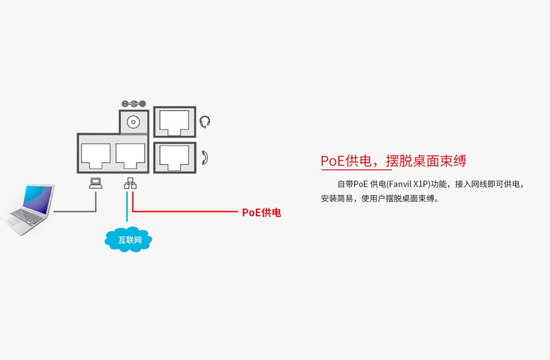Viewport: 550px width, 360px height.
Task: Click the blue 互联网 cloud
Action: point(128,240)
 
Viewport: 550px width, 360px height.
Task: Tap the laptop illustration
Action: point(29,208)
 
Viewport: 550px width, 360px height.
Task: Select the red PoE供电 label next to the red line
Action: point(261,212)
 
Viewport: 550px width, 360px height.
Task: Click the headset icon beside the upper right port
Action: point(205,121)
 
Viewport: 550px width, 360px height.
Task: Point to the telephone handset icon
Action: point(205,157)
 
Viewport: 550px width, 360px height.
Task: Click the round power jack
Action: point(134,122)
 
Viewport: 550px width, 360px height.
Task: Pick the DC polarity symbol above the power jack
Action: point(134,104)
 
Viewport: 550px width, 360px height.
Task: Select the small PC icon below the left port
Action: point(96,183)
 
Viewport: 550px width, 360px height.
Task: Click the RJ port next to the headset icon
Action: point(174,121)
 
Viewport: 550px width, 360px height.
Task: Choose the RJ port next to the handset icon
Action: point(174,155)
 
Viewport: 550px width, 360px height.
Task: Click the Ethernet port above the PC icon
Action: point(95,153)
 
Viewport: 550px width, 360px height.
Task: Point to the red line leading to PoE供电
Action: point(188,212)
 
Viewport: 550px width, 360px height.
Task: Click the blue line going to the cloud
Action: point(127,210)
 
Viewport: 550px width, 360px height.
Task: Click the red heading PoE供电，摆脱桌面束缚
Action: point(393,161)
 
